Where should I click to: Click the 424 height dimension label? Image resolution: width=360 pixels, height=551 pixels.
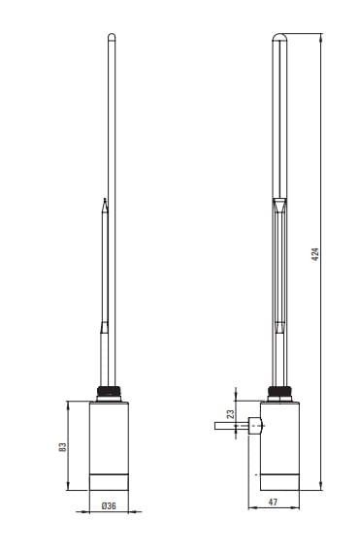click(315, 254)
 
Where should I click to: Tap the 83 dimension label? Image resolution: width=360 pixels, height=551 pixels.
click(62, 447)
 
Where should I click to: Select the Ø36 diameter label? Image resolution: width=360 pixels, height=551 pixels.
click(109, 506)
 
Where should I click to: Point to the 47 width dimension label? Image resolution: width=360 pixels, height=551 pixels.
click(273, 502)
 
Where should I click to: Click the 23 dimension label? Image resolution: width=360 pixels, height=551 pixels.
click(230, 414)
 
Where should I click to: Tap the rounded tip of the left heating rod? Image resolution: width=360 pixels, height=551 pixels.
click(112, 36)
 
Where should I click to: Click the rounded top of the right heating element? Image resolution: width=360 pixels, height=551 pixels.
click(279, 36)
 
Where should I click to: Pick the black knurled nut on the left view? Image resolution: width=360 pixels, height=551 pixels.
click(109, 391)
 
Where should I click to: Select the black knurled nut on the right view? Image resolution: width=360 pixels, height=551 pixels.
click(279, 391)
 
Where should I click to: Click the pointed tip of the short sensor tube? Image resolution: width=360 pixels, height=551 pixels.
click(105, 199)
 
